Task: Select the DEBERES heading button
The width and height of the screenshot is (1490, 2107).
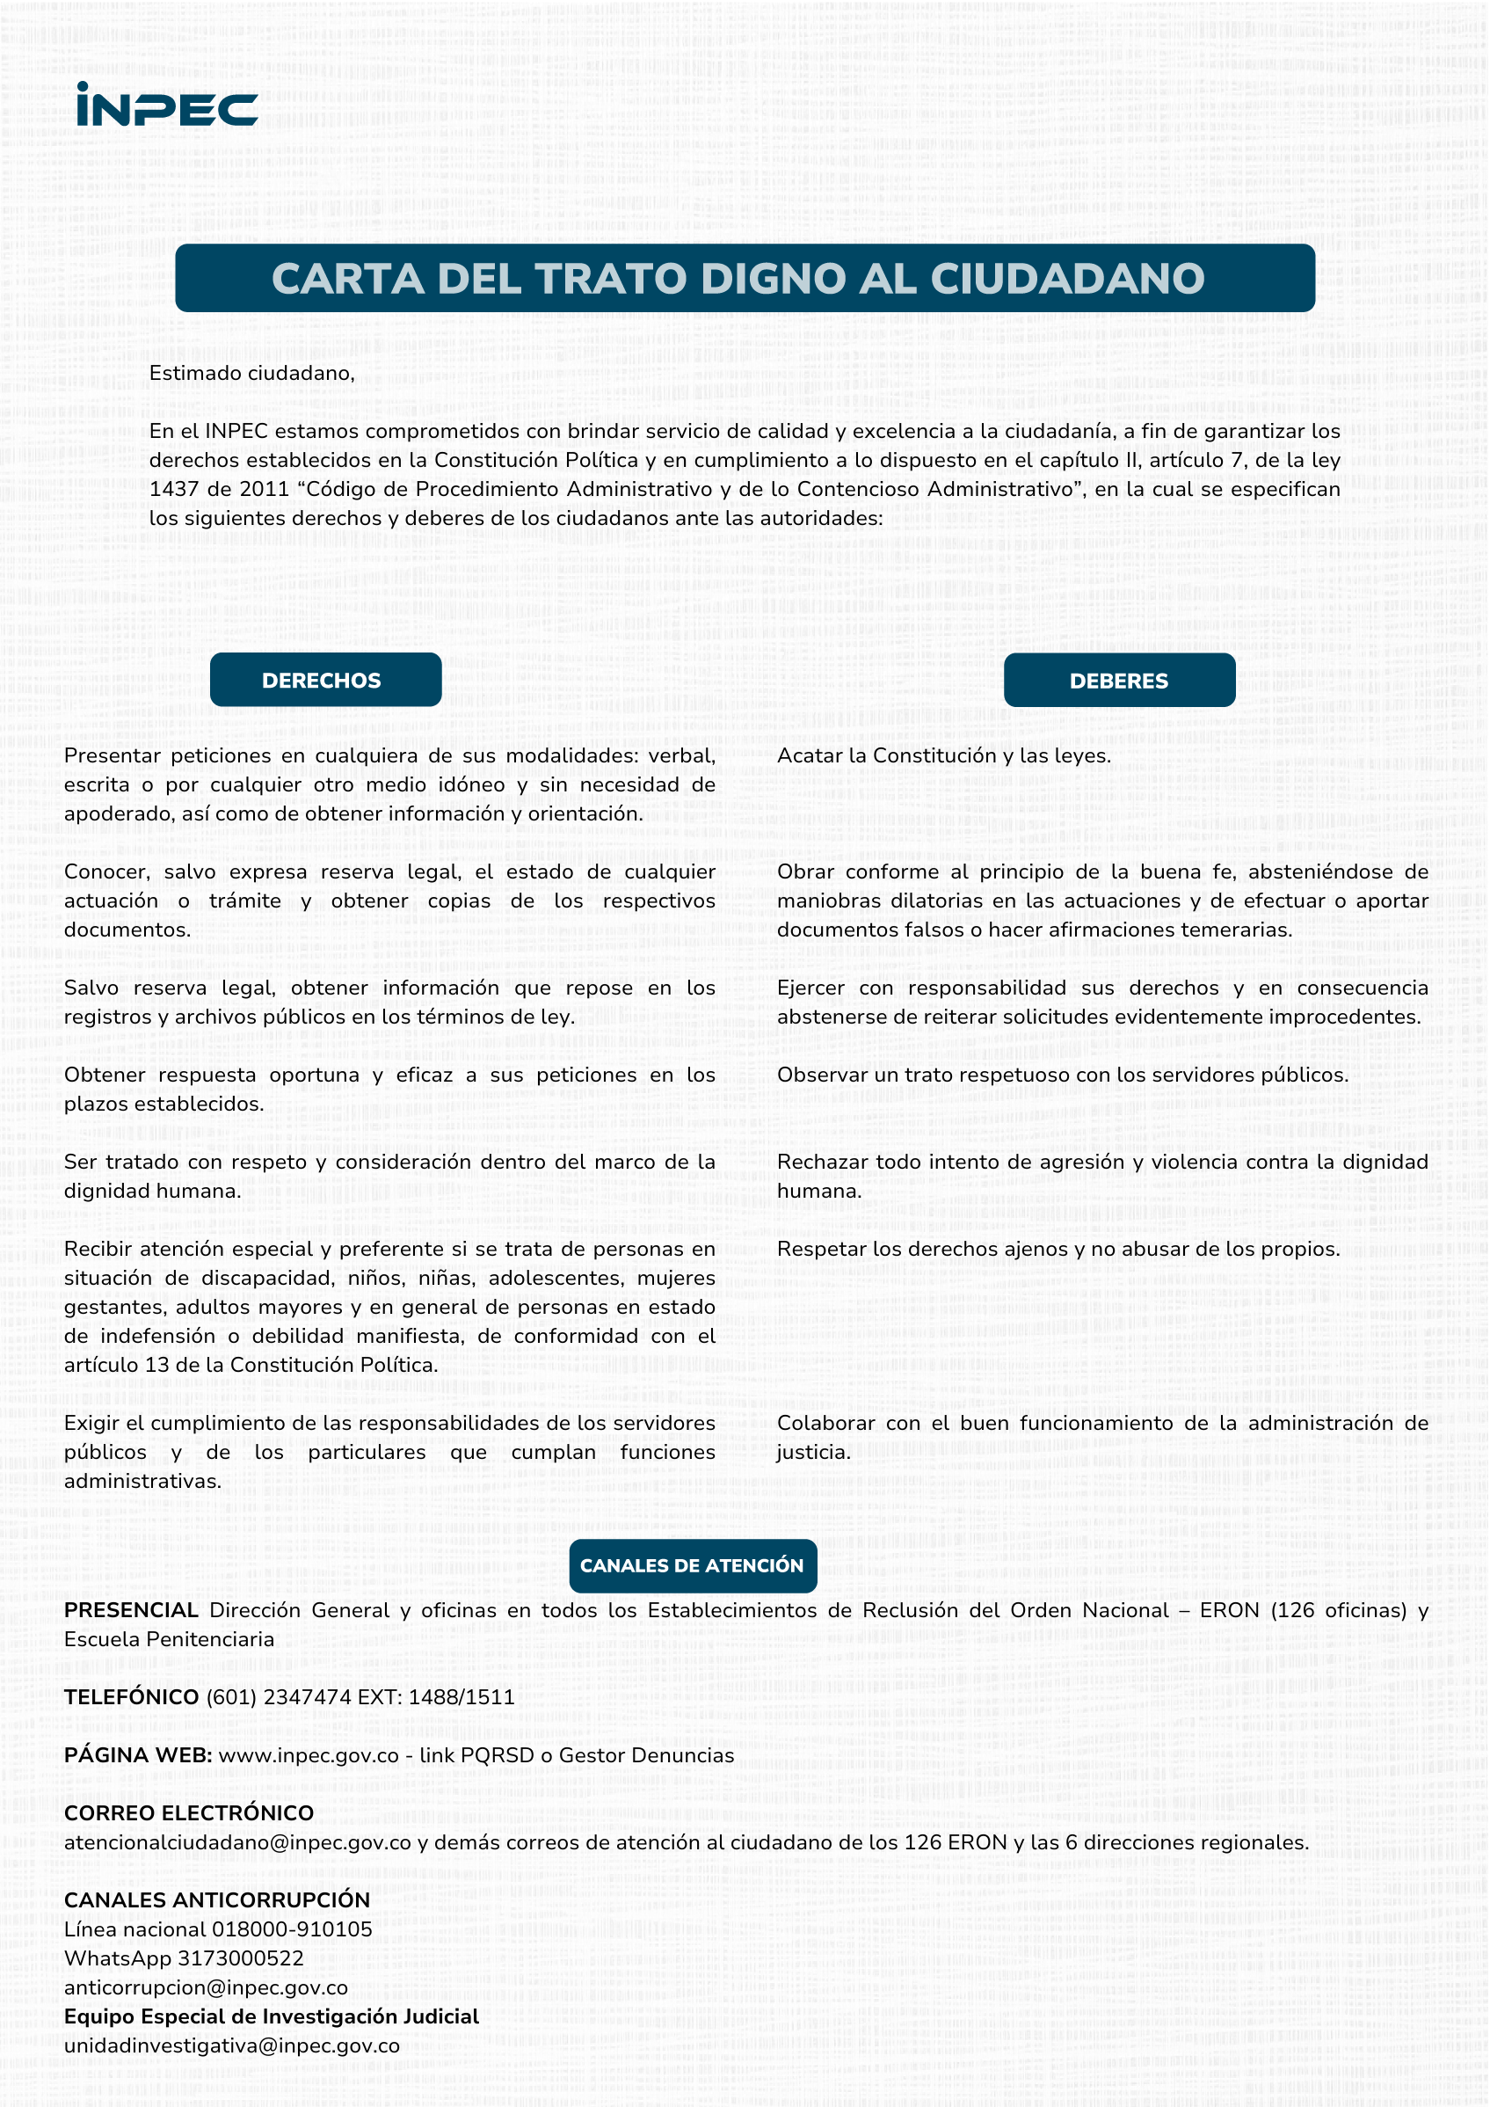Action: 1118,681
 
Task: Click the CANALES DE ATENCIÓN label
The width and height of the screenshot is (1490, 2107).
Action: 692,1565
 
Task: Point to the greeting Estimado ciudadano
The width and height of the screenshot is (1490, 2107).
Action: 251,374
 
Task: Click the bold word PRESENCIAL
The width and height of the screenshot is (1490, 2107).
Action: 131,1610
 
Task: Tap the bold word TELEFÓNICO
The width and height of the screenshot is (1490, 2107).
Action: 131,1697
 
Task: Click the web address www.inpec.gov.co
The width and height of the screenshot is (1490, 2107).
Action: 309,1755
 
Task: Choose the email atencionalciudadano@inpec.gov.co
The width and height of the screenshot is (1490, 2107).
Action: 237,1842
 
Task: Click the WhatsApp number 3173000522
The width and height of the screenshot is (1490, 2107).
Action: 240,1958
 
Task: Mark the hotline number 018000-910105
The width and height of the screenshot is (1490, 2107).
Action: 292,1929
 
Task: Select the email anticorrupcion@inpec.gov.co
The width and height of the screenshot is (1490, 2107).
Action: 206,1987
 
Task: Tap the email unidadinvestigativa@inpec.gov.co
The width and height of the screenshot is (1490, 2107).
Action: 231,2045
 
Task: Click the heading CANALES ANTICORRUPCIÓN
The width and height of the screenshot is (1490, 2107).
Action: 216,1899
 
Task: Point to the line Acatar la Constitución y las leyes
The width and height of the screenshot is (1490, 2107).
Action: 943,755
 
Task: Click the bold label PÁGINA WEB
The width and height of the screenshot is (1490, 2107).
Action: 138,1755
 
